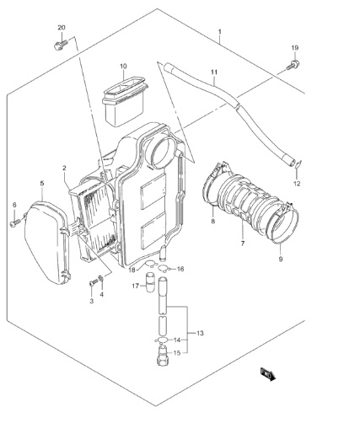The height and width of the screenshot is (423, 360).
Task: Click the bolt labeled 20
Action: [60, 45]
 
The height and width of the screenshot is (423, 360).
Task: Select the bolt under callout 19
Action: [293, 65]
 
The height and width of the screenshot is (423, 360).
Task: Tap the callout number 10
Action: [123, 67]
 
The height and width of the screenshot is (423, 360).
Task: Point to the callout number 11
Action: [214, 72]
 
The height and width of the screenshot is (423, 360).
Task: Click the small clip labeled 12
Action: [298, 165]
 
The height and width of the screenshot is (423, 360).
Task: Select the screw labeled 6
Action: [15, 222]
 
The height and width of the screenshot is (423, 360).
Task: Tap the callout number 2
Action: [64, 168]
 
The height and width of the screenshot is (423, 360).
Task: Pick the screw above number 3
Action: [92, 283]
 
